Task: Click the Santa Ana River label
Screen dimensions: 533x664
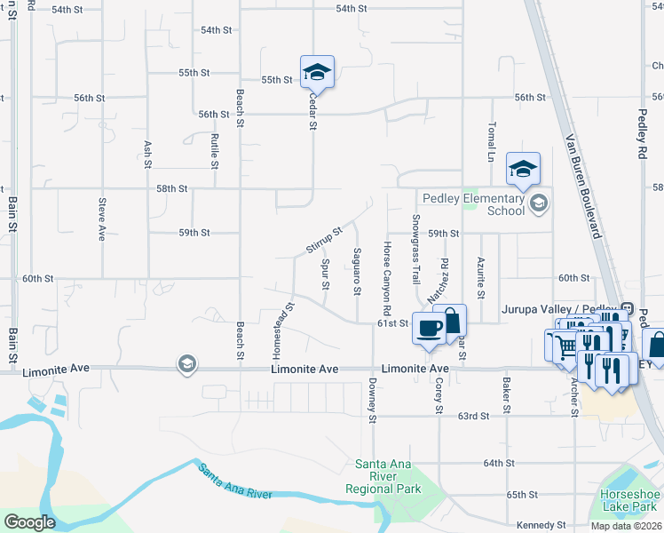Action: (233, 483)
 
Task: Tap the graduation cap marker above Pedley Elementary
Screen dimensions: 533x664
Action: (524, 166)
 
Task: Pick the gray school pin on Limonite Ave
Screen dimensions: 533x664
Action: (186, 363)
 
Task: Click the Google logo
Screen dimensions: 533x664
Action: (29, 522)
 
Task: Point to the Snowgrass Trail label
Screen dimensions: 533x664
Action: (415, 249)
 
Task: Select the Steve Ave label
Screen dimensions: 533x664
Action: (102, 219)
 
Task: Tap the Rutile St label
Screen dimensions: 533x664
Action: (215, 151)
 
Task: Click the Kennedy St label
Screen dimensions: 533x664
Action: (536, 525)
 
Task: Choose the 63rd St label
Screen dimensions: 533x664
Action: (474, 416)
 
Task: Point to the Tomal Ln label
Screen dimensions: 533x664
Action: (490, 143)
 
